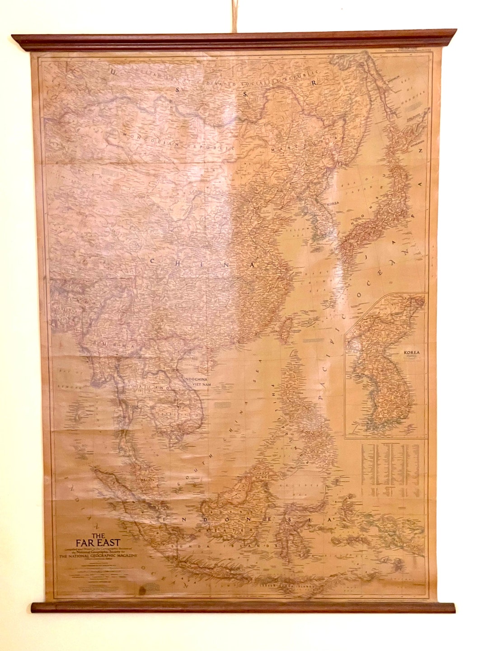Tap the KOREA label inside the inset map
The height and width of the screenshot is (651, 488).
412,353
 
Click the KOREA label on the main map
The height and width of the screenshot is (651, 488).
333,204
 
